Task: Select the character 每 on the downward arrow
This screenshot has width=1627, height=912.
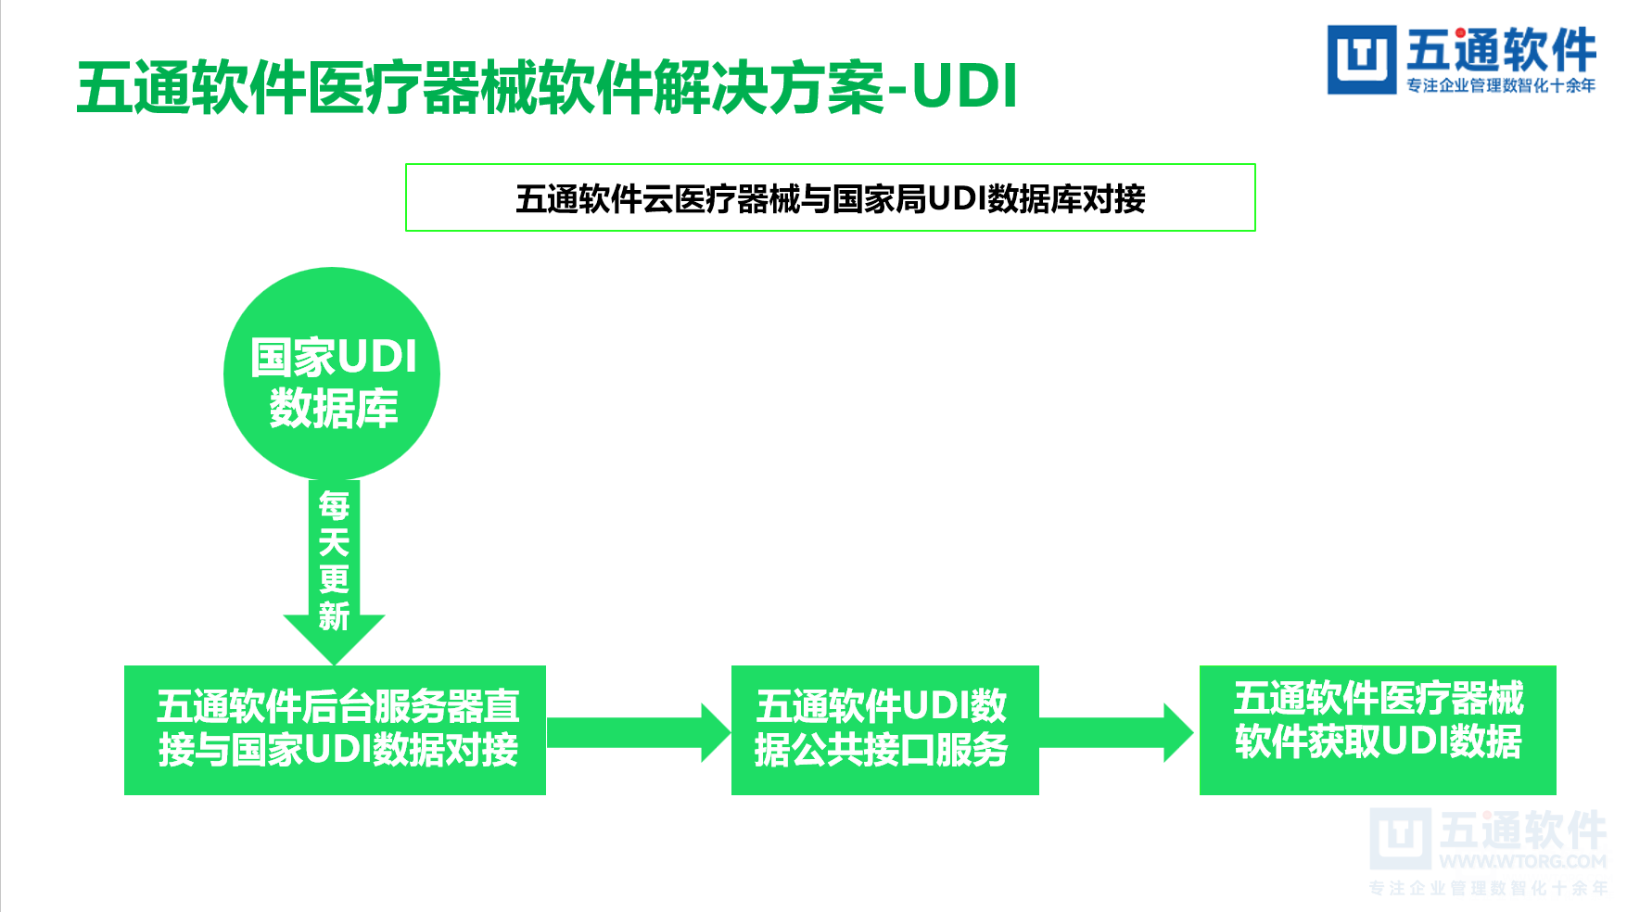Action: (x=334, y=506)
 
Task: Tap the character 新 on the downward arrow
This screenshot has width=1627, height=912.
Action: (x=334, y=616)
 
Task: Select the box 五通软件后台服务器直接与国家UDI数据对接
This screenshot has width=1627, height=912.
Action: (x=335, y=729)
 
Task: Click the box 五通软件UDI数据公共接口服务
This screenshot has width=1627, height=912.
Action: (x=884, y=729)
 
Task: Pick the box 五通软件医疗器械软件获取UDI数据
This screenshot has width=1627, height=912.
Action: (x=1378, y=729)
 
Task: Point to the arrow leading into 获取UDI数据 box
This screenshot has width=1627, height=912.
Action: (x=1116, y=732)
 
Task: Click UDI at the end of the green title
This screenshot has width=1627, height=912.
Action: (x=965, y=86)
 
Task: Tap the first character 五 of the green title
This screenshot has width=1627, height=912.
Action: (x=104, y=88)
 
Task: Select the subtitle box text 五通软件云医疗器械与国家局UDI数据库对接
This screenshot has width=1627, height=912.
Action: (x=830, y=198)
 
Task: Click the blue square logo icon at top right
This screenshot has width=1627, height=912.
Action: (x=1361, y=59)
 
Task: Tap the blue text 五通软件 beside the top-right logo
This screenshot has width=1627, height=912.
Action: (x=1501, y=50)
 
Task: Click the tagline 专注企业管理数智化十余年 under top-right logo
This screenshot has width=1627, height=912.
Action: (x=1501, y=85)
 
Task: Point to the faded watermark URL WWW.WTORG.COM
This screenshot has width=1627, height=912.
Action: (x=1522, y=861)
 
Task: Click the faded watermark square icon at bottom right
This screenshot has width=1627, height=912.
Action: (x=1399, y=837)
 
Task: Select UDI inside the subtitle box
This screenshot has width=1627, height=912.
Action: (x=957, y=198)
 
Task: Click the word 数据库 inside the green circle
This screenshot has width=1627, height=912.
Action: (x=334, y=409)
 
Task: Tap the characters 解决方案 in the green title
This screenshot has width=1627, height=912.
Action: (x=769, y=88)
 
